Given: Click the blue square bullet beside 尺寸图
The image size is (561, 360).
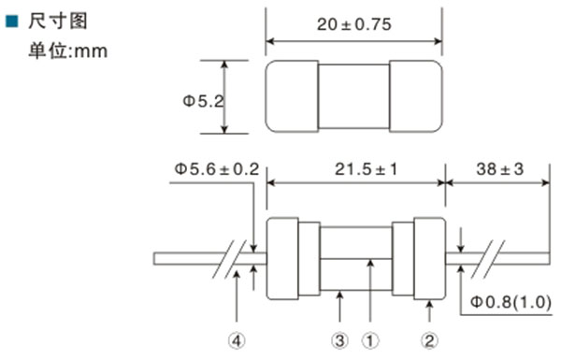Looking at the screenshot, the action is [12, 22].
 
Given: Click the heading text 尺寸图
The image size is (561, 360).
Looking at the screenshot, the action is [58, 22].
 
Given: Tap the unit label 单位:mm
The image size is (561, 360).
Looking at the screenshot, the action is [68, 50].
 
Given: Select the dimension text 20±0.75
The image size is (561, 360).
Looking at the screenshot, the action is [353, 24].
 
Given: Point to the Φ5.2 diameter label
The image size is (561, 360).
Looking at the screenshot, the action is [203, 101].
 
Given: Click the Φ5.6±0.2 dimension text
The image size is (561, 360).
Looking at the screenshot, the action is [217, 169].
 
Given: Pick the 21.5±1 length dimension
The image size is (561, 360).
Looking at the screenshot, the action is [366, 169].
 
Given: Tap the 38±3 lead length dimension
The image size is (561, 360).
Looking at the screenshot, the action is [500, 169].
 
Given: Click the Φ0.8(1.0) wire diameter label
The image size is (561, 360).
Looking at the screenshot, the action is [511, 302].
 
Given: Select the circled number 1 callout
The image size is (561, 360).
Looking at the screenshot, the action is [370, 340].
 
